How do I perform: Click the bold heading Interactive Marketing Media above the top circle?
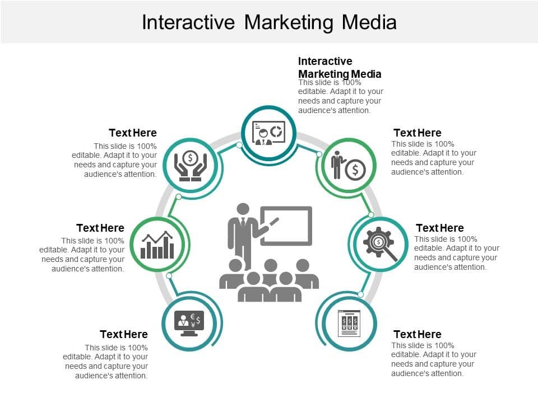pyautogui.click(x=340, y=67)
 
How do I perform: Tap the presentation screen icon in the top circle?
pyautogui.click(x=269, y=133)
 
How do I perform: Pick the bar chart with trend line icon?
pyautogui.click(x=157, y=245)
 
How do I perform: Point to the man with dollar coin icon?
pyautogui.click(x=347, y=166)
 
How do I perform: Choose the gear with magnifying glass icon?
pyautogui.click(x=380, y=245)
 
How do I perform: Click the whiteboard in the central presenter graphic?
pyautogui.click(x=286, y=226)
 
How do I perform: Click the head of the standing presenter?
pyautogui.click(x=243, y=209)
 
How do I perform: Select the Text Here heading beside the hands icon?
pyautogui.click(x=133, y=133)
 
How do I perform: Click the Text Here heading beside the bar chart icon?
pyautogui.click(x=100, y=228)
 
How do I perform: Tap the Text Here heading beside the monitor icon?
pyautogui.click(x=124, y=334)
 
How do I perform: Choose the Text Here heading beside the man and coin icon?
pyautogui.click(x=418, y=133)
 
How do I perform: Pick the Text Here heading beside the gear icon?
pyautogui.click(x=440, y=228)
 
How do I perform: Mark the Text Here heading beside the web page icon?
pyautogui.click(x=418, y=334)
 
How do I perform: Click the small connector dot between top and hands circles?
pyautogui.click(x=239, y=145)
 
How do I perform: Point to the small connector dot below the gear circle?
pyautogui.click(x=361, y=294)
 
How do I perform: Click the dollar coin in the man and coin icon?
pyautogui.click(x=355, y=169)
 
